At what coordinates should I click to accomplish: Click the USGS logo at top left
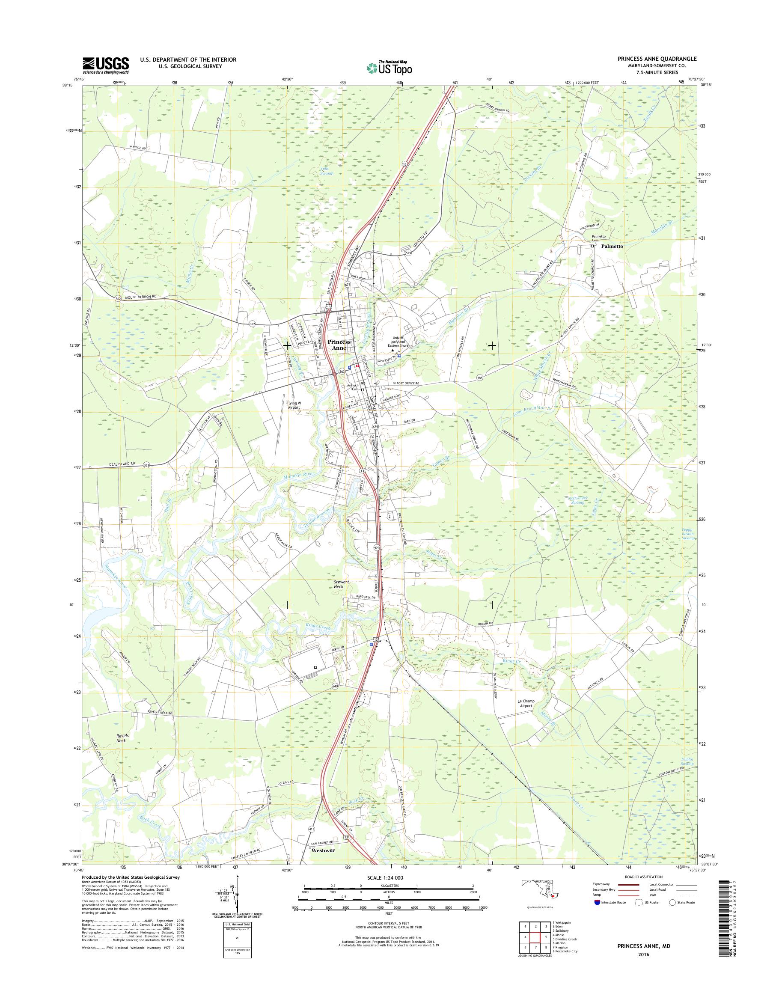point(105,65)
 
